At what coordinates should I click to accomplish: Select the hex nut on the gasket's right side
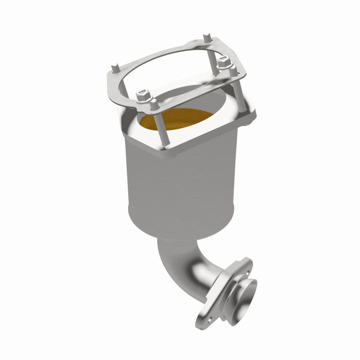pos(223,64)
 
